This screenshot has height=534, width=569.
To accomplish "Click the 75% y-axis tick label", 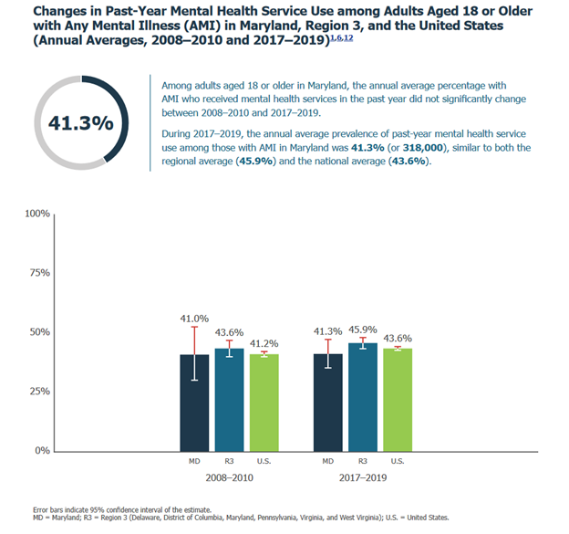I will [x=38, y=273].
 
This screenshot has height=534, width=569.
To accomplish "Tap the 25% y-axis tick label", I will [x=38, y=391].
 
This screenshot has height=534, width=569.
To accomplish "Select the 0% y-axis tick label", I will [x=41, y=450].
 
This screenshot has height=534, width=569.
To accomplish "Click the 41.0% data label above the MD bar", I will [x=194, y=319].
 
